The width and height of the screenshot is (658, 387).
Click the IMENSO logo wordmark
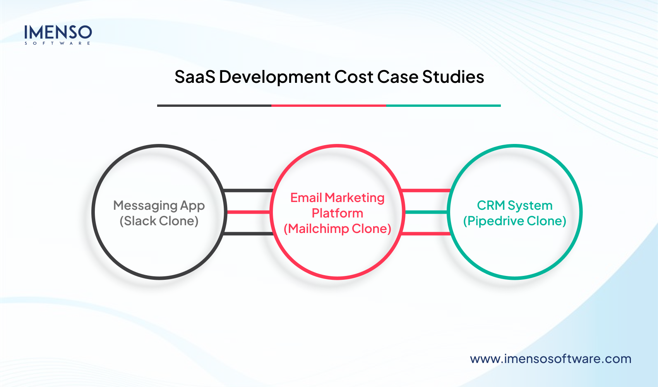click(58, 32)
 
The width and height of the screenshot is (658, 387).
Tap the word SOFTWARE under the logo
click(58, 43)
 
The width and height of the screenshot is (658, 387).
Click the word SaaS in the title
click(194, 77)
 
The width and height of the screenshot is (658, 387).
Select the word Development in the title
click(274, 77)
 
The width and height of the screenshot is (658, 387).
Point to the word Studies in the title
click(453, 77)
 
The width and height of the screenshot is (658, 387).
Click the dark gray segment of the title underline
click(214, 105)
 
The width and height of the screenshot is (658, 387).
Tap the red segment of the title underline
click(329, 105)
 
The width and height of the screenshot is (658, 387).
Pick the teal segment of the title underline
click(443, 105)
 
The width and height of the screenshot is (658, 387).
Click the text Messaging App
click(159, 205)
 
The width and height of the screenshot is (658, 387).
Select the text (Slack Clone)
click(159, 221)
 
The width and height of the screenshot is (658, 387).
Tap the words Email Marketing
click(337, 198)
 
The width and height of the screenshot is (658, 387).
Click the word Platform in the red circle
click(337, 213)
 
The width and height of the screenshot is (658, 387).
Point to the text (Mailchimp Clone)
click(337, 229)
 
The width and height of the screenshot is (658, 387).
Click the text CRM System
click(514, 205)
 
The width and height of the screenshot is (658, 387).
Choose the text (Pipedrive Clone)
click(514, 221)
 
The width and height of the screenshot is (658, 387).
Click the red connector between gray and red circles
click(248, 212)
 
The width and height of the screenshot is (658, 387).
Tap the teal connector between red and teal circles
click(426, 212)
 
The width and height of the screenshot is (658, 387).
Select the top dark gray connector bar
click(248, 190)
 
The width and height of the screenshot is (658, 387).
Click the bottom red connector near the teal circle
click(426, 233)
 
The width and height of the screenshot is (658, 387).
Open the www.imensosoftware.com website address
click(550, 359)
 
